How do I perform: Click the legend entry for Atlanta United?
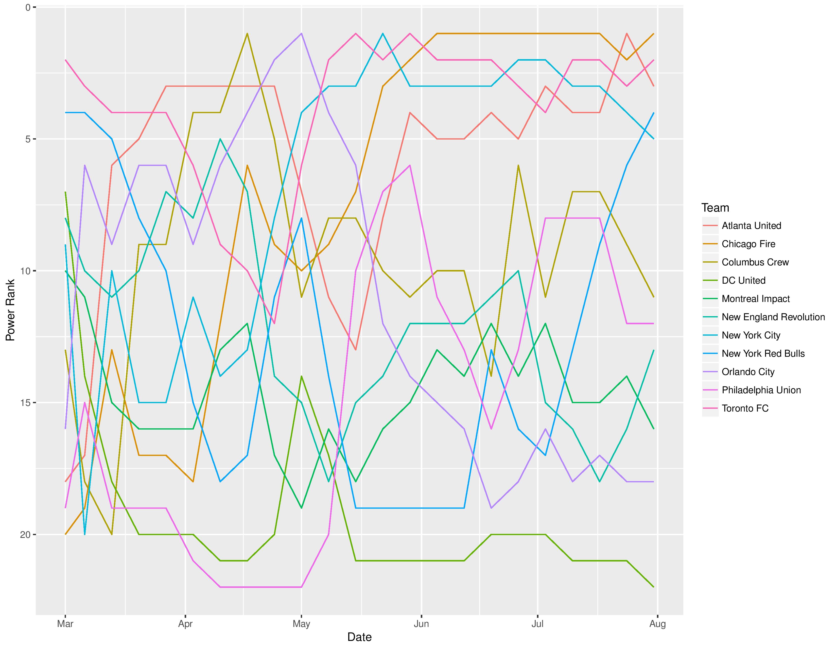click(x=751, y=226)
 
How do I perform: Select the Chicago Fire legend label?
click(x=748, y=244)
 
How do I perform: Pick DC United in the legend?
click(x=743, y=281)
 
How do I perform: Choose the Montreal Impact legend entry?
click(x=756, y=299)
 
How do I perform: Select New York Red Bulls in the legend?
click(x=763, y=353)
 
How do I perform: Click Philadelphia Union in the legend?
click(x=761, y=390)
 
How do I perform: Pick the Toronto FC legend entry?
click(x=745, y=408)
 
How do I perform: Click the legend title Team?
click(x=715, y=208)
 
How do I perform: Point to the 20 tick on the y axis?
click(x=25, y=535)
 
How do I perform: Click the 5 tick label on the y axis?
click(x=28, y=139)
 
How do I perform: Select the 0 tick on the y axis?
click(x=28, y=7)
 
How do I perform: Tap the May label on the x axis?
click(x=301, y=624)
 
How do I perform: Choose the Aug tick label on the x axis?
click(x=658, y=624)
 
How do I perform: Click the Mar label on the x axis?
click(x=65, y=624)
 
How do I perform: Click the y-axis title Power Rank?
click(x=10, y=310)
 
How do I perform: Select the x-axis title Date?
click(x=359, y=637)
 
